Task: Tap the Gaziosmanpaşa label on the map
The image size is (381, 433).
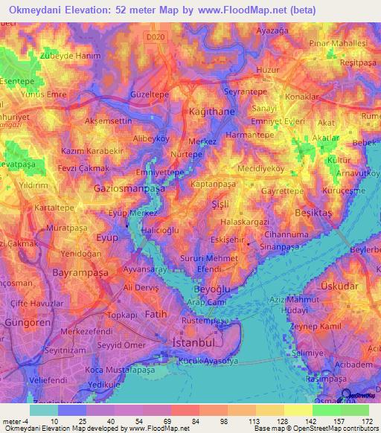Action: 129,189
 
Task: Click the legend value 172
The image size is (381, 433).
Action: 365,420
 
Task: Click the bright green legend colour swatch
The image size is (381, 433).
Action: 326,410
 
